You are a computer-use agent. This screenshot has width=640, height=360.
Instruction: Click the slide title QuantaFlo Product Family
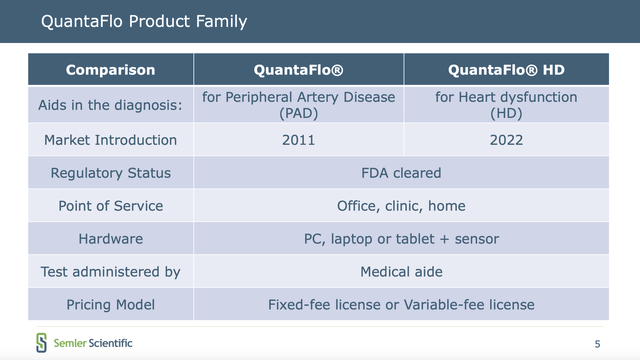[x=144, y=21]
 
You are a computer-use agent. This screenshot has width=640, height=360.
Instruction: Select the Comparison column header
[x=110, y=70]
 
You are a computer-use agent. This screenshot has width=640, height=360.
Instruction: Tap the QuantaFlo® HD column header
[x=506, y=70]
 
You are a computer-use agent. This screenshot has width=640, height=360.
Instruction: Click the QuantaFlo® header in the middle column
[x=299, y=70]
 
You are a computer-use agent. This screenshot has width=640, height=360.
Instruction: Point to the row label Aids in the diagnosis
[x=110, y=105]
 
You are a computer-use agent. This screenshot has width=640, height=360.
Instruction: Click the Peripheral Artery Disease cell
[x=299, y=105]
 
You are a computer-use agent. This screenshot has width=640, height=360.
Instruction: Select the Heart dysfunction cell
[x=506, y=105]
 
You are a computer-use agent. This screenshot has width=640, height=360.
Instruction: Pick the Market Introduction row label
[x=110, y=140]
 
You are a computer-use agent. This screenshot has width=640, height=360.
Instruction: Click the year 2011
[x=299, y=140]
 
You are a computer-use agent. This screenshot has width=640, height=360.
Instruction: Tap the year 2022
[x=506, y=140]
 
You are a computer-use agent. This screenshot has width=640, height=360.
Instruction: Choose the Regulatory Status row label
[x=110, y=173]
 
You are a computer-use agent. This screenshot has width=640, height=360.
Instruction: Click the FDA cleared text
[x=401, y=173]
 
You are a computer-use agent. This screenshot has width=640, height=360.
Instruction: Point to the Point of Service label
[x=110, y=206]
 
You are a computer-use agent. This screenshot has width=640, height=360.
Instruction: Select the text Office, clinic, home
[x=401, y=206]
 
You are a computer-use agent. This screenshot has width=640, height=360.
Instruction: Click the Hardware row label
[x=110, y=239]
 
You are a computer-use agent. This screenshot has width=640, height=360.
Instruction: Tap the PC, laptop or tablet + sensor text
[x=401, y=239]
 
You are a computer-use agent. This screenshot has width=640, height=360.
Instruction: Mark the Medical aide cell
[x=401, y=271]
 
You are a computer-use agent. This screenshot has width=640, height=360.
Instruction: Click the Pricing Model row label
[x=110, y=304]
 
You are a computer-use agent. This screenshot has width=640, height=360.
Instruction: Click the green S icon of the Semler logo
[x=42, y=342]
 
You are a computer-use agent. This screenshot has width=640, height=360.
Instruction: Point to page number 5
[x=597, y=344]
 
